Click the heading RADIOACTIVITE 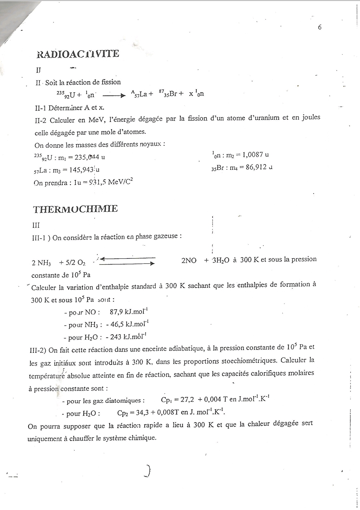click(x=78, y=54)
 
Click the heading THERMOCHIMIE click(x=75, y=209)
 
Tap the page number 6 click(x=320, y=27)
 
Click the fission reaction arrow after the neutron click(x=114, y=95)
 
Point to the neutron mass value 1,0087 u click(x=255, y=154)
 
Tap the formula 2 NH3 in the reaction click(x=41, y=263)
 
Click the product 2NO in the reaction click(x=189, y=261)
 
